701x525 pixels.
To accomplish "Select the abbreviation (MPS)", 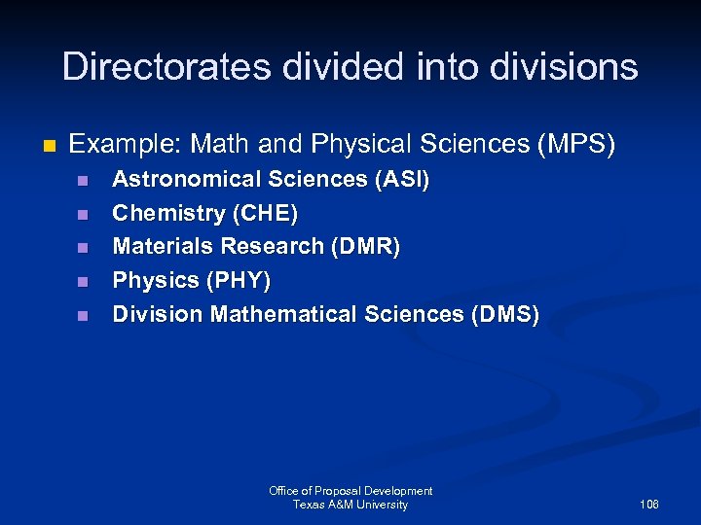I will pyautogui.click(x=576, y=145).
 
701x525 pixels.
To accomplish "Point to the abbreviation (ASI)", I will pyautogui.click(x=398, y=180).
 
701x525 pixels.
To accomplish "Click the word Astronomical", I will pyautogui.click(x=184, y=180).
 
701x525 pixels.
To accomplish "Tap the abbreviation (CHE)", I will pyautogui.click(x=263, y=213).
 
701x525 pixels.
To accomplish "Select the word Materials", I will pyautogui.click(x=162, y=247).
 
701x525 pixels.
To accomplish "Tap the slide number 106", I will pyautogui.click(x=649, y=505).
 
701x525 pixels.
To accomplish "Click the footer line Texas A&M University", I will pyautogui.click(x=350, y=505).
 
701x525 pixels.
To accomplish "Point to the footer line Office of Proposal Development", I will pyautogui.click(x=350, y=491).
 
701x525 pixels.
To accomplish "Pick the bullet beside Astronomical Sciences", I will pyautogui.click(x=83, y=181).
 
